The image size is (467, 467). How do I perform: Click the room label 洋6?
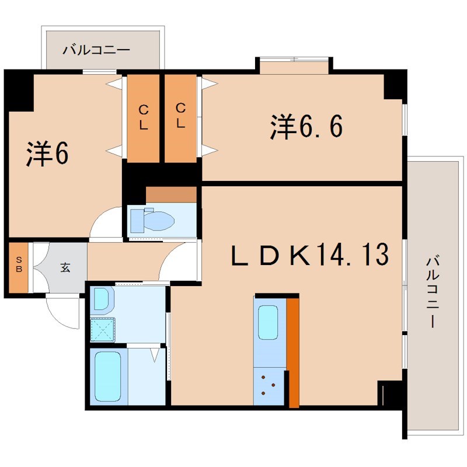[x=48, y=154]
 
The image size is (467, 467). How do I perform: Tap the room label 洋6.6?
[x=305, y=127]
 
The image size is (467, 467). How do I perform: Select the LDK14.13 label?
[x=309, y=255]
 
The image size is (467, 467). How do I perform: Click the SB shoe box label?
[x=18, y=267]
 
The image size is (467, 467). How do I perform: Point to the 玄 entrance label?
[x=65, y=268]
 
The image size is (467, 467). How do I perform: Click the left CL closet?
[x=143, y=117]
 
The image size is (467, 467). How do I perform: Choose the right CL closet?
[x=180, y=117]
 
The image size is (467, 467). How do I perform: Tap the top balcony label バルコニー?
[x=97, y=50]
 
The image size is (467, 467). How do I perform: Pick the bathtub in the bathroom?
[x=107, y=375]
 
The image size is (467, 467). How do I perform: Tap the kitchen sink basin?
[x=269, y=322]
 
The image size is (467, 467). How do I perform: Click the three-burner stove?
[x=270, y=385]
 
